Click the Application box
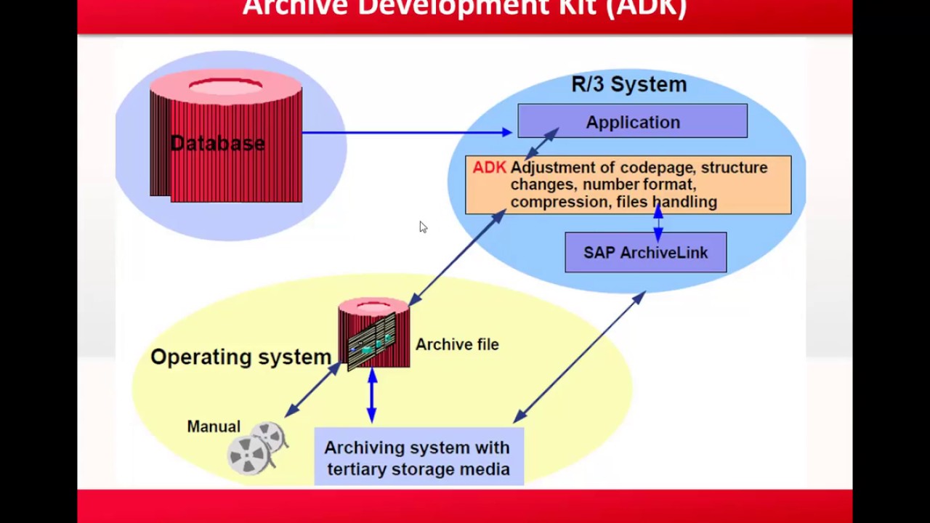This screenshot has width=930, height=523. (x=632, y=121)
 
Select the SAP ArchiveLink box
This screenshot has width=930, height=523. (x=645, y=253)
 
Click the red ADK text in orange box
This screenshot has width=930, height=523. (x=489, y=168)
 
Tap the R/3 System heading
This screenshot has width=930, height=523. (x=628, y=84)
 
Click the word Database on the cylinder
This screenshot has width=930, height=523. (x=217, y=143)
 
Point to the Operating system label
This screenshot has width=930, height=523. (x=240, y=357)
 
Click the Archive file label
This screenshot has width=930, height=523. (x=457, y=345)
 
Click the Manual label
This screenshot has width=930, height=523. (x=214, y=427)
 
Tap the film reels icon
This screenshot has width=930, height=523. (x=257, y=447)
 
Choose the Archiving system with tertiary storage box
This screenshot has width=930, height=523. (x=418, y=458)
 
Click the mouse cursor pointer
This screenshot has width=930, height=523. (x=423, y=227)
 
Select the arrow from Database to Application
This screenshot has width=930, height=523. (x=407, y=132)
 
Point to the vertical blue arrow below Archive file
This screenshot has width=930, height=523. (x=372, y=396)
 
